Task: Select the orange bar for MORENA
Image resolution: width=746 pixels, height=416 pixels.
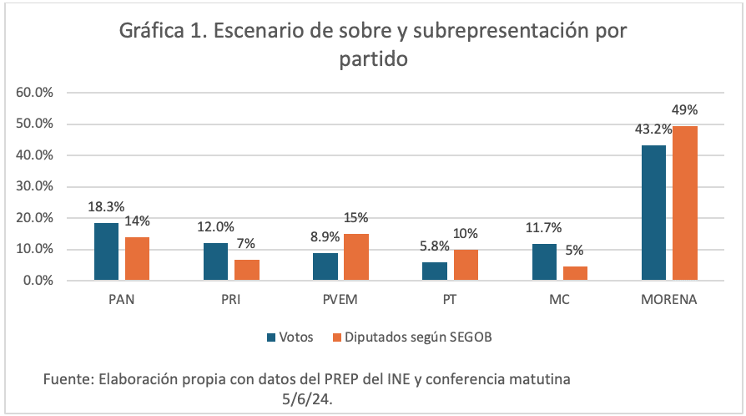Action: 686,203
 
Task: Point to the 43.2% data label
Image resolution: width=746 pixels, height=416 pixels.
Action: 653,130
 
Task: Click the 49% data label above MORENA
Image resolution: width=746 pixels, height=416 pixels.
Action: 686,110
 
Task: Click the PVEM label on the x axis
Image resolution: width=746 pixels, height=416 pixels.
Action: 338,299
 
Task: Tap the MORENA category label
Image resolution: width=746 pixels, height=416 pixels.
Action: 669,299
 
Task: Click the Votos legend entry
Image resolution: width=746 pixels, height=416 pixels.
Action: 290,337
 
